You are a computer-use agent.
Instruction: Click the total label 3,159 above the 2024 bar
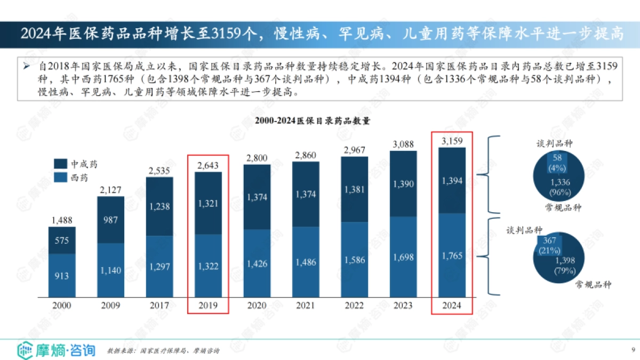tap(452, 141)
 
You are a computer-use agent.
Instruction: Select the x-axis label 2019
tap(209, 306)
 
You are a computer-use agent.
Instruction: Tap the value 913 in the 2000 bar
tap(62, 276)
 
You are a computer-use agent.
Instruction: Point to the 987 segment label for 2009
tap(111, 220)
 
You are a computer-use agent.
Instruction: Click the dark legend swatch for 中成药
tap(60, 164)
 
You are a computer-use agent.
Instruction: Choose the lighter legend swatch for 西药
tap(60, 178)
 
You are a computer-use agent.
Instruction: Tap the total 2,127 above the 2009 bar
tap(111, 189)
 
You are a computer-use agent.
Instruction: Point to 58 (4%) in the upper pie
tap(557, 163)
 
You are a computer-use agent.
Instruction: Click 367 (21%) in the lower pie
tap(551, 245)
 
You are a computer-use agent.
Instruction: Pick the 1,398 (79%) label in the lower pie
tap(565, 265)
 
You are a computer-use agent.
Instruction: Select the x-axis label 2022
tap(355, 306)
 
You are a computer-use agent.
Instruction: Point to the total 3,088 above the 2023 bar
tap(403, 144)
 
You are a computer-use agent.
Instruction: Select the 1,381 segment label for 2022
tap(355, 189)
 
